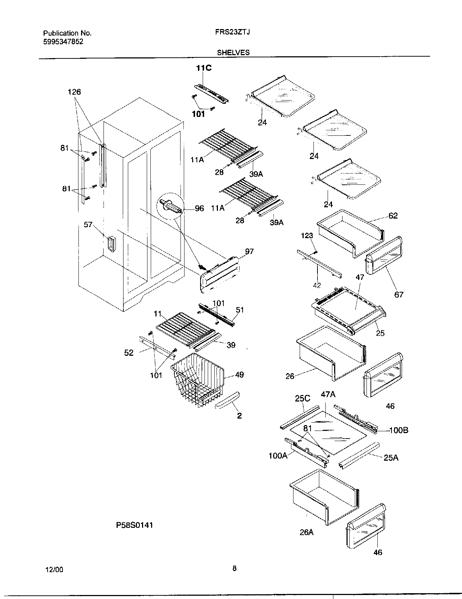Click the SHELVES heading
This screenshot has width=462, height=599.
tap(233, 52)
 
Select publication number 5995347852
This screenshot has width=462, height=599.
tap(63, 41)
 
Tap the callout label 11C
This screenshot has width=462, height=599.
tap(204, 68)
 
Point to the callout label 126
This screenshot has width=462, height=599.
tap(74, 92)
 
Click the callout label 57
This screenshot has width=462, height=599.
tap(88, 225)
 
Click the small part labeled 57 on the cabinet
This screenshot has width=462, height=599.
tap(110, 244)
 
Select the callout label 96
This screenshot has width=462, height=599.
tap(199, 208)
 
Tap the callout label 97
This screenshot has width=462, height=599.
tap(249, 252)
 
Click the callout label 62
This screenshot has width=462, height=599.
tap(393, 216)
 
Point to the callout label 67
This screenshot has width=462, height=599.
tap(399, 294)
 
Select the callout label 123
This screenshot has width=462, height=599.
tap(307, 236)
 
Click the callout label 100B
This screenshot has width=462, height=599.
tap(398, 430)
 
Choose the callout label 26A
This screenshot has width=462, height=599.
tap(307, 532)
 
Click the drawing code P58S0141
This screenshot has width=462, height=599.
tap(134, 525)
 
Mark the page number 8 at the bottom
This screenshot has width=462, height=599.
tap(234, 569)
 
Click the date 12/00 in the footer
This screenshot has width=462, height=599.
tap(55, 570)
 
